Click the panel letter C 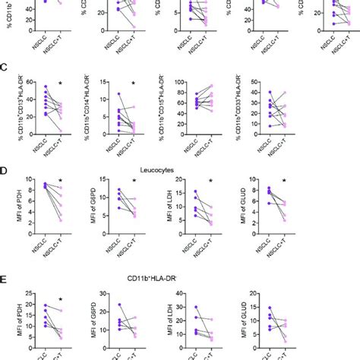[x=5, y=67]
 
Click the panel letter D [x=5, y=172]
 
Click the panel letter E [x=5, y=279]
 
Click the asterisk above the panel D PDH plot [x=60, y=182]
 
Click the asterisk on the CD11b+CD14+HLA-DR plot [x=134, y=84]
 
